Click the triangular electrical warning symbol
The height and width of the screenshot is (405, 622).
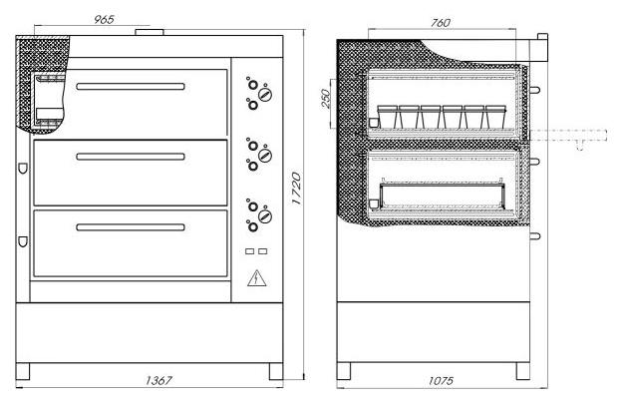point(256,276)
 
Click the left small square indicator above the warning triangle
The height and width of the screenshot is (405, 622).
point(250,250)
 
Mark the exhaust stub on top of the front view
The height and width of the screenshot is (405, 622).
point(152,34)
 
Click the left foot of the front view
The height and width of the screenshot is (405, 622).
point(24,370)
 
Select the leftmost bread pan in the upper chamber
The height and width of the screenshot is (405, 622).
point(385,117)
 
